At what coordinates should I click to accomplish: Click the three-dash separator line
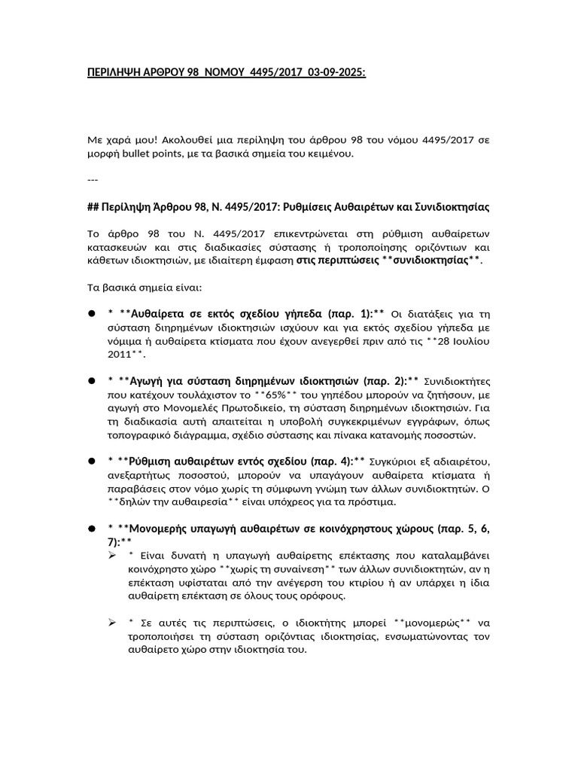93,180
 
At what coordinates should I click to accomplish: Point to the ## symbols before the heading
94,206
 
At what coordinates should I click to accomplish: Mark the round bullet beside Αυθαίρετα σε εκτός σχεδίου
90,313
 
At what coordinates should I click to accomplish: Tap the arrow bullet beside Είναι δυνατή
112,556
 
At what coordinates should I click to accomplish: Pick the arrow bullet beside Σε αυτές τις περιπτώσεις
112,623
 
